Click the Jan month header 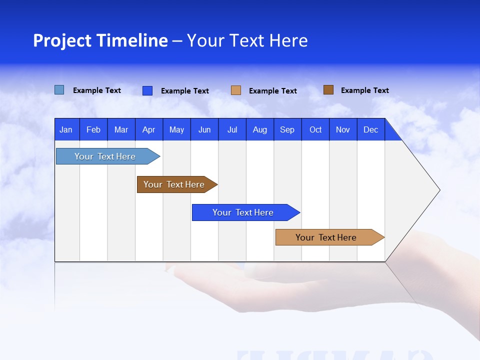tap(66, 129)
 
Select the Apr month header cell tap(149, 129)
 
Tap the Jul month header tap(232, 129)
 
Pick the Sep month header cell tap(287, 129)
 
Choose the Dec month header tap(371, 129)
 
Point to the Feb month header tap(93, 129)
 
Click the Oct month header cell tap(315, 129)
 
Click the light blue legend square tap(59, 90)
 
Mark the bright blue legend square tap(147, 90)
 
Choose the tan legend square tap(236, 90)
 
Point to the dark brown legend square tap(328, 90)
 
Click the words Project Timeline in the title tap(100, 40)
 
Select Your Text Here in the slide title tap(247, 40)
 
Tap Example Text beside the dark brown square tap(364, 90)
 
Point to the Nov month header tap(343, 129)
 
